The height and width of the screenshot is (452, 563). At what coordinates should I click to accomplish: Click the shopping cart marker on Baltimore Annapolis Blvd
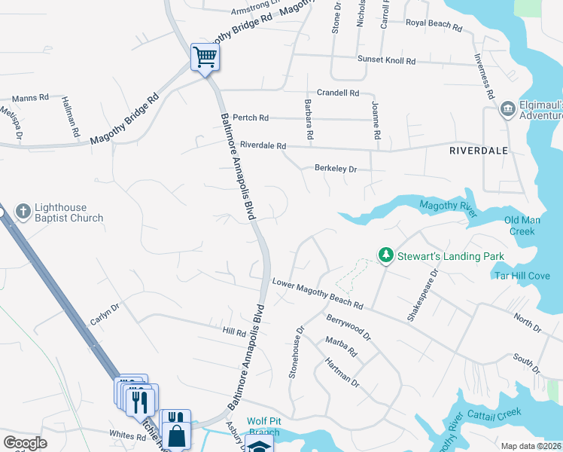point(205,56)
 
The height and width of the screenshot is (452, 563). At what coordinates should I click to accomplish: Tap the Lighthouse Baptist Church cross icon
point(23,212)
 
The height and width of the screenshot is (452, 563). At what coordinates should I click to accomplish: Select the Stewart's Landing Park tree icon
point(386,256)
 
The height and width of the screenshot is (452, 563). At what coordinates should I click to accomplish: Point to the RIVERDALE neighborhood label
point(479,151)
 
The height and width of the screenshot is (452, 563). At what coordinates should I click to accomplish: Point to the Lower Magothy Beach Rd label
point(318,295)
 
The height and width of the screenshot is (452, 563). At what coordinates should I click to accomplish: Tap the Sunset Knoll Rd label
point(386,60)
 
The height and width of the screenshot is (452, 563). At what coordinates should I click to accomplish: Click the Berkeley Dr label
point(336,169)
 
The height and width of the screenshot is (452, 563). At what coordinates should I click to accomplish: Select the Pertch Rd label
point(251,118)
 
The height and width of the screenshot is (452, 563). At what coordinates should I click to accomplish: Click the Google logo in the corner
point(26,443)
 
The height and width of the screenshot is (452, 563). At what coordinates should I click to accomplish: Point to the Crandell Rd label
point(338,93)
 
